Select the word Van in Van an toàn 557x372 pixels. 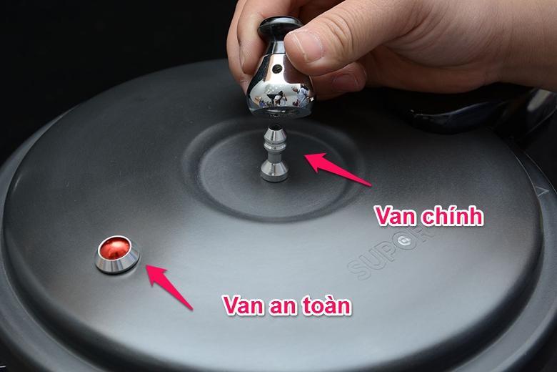pos(244,305)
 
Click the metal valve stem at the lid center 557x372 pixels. pos(274,153)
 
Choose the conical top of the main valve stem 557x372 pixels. pos(274,134)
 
